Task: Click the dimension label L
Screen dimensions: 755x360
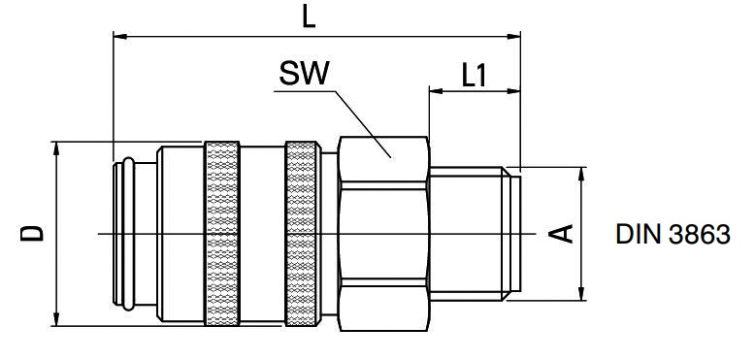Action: click(309, 17)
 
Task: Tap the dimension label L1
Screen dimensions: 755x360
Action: click(475, 76)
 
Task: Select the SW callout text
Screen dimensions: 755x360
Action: click(305, 74)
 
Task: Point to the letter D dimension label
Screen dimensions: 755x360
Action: click(32, 233)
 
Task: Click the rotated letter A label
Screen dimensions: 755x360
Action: click(562, 234)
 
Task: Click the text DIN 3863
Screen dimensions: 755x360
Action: click(673, 235)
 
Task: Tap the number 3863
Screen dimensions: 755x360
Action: click(700, 235)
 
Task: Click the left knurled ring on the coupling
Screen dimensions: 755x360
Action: click(222, 234)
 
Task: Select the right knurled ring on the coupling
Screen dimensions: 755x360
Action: click(302, 234)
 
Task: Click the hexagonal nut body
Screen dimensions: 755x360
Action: click(383, 234)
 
